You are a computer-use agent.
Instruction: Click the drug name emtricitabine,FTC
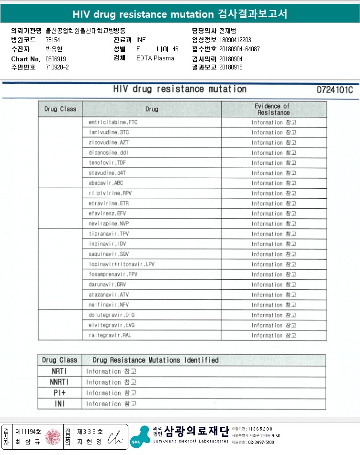click(x=110, y=123)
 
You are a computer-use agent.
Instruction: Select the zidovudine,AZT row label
click(x=109, y=143)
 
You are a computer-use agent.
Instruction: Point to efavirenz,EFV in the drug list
click(x=107, y=214)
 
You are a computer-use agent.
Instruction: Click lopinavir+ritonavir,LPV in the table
click(x=122, y=264)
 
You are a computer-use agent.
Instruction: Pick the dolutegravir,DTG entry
click(x=112, y=315)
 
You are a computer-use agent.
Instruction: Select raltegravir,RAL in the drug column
click(x=110, y=335)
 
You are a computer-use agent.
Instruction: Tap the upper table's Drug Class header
click(x=60, y=109)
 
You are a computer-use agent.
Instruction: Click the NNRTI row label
click(x=59, y=382)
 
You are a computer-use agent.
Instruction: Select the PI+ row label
click(x=59, y=393)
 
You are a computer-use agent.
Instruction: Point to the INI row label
click(x=59, y=404)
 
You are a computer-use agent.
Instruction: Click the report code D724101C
click(x=335, y=90)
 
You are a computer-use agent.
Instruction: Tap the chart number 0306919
click(x=56, y=59)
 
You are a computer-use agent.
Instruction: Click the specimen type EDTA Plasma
click(x=155, y=58)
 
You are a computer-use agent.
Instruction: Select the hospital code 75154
click(x=53, y=40)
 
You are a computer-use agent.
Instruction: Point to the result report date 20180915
click(x=231, y=68)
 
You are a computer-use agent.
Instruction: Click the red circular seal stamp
click(x=53, y=437)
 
